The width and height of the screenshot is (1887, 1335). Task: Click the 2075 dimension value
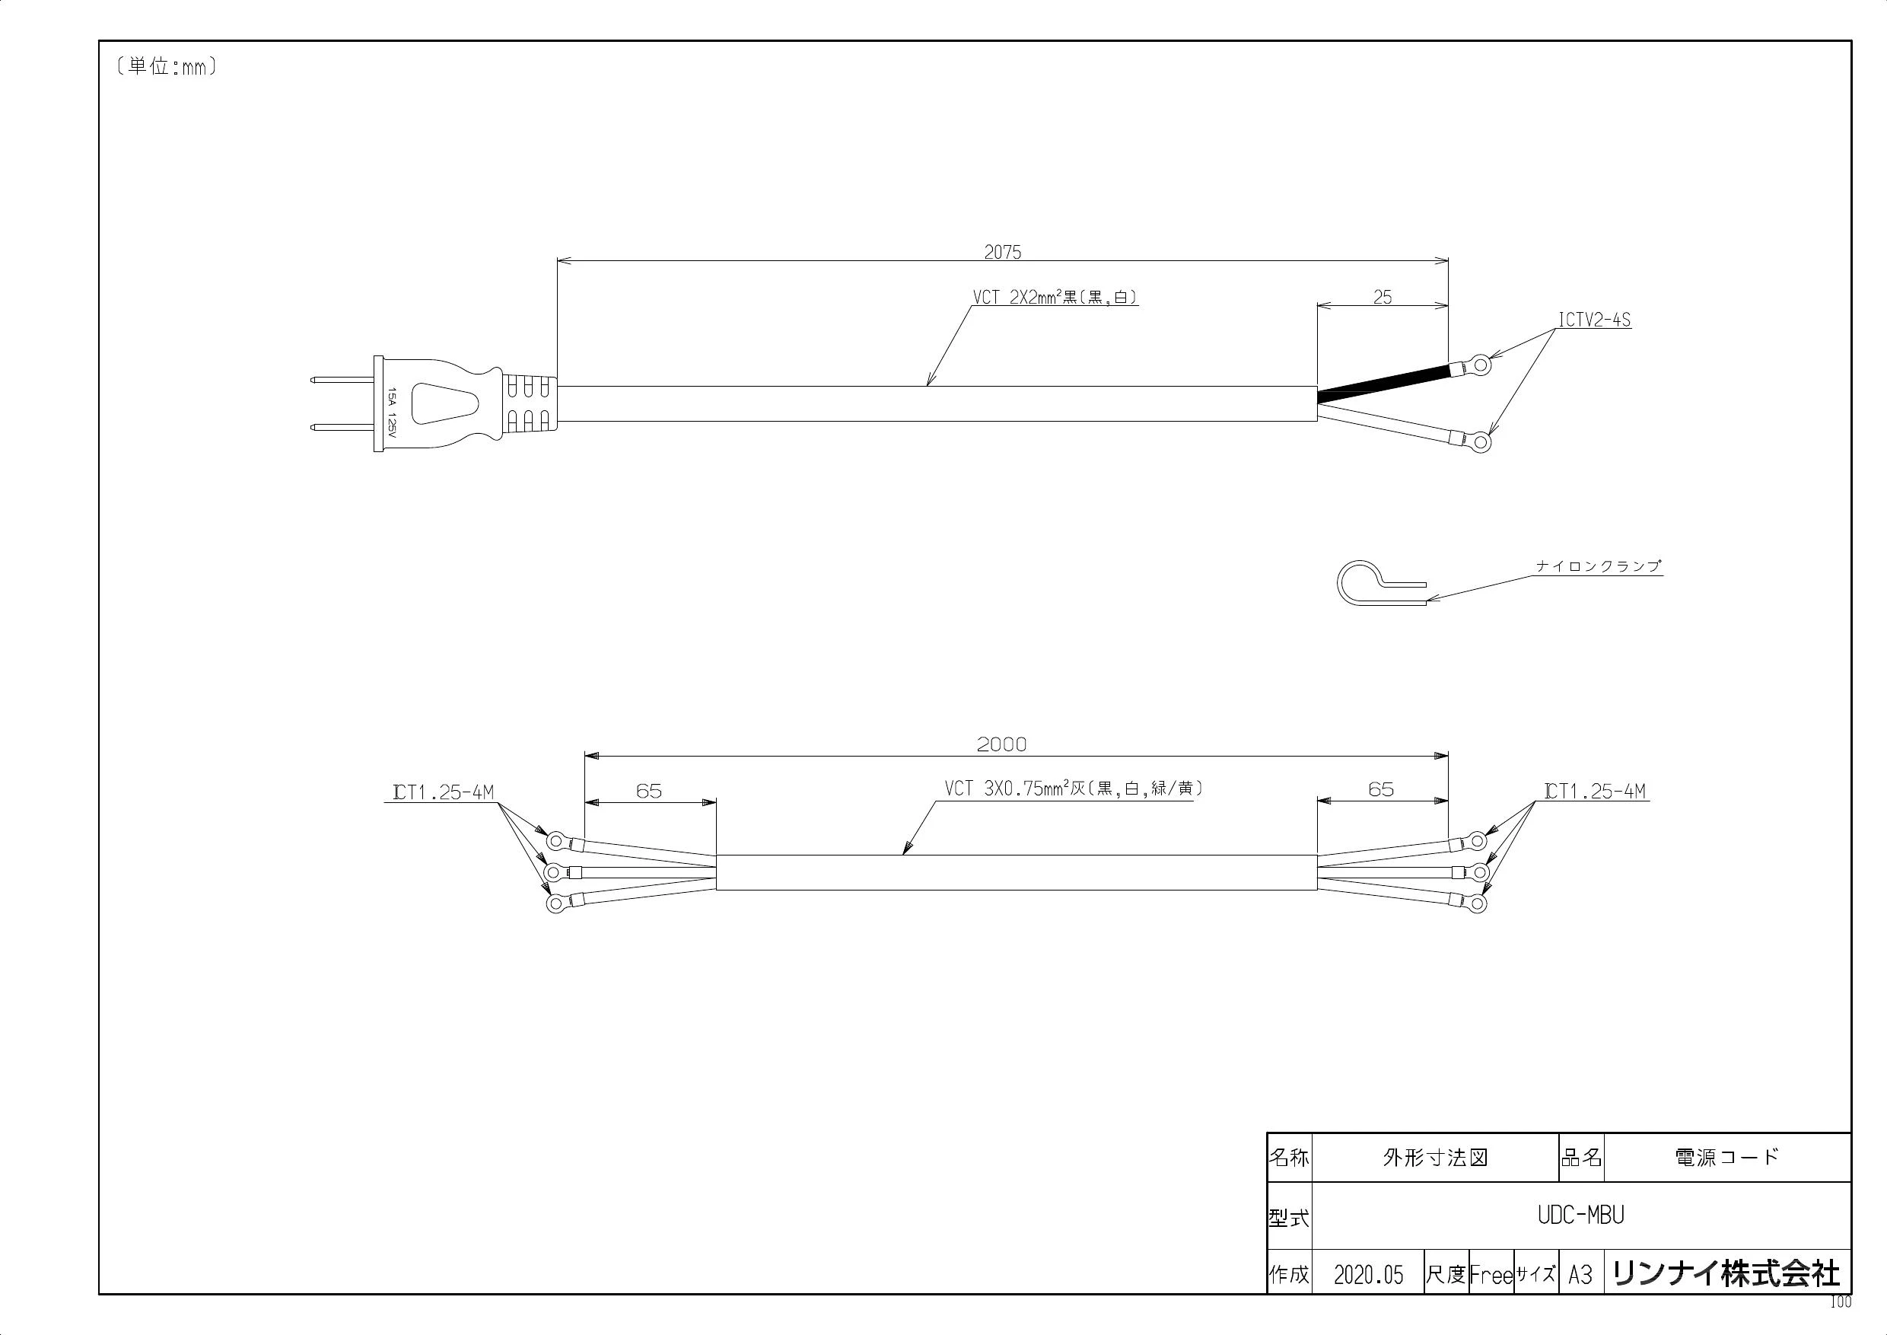1003,253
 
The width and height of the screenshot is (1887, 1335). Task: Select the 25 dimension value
1383,298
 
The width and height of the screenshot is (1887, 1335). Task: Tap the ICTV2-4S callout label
1594,320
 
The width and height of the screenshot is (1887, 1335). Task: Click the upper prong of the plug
342,380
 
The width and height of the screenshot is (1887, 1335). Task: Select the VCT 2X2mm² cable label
1055,297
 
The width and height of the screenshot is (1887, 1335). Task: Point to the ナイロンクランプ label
1599,566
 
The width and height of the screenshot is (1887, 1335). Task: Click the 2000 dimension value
1002,744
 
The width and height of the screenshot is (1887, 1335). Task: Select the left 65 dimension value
648,790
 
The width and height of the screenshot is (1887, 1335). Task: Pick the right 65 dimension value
1381,789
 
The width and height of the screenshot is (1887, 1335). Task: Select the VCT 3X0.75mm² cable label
1074,789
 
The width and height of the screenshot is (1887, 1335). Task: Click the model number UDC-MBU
1580,1215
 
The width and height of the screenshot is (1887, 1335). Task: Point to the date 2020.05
1368,1275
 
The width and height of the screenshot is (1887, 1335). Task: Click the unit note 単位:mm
167,66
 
